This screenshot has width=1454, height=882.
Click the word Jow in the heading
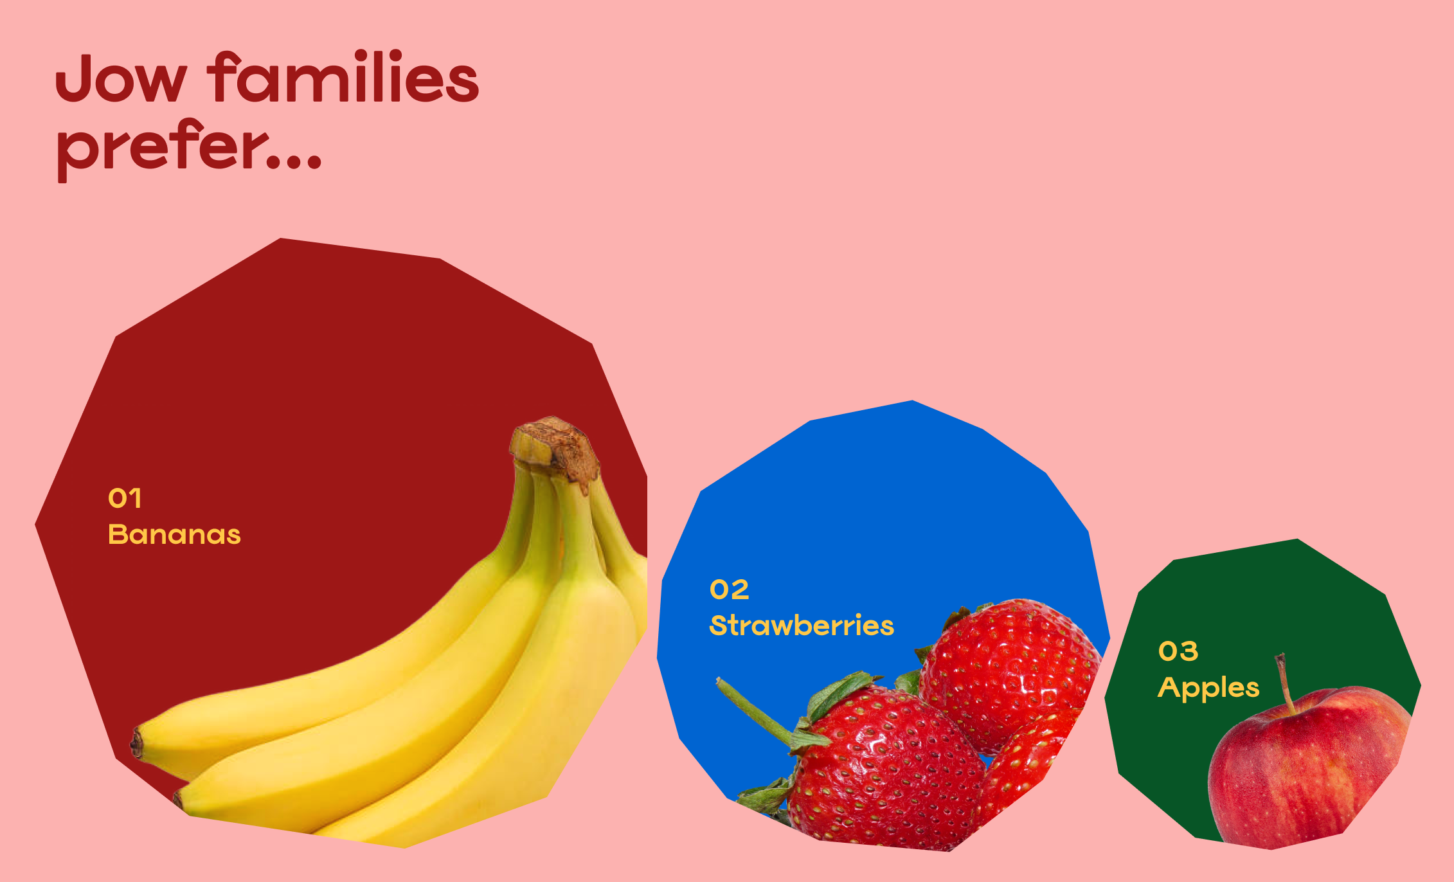[121, 78]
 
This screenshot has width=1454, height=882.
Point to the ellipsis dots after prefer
[294, 161]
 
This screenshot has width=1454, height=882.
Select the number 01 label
[125, 498]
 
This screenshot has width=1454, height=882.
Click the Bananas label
[174, 534]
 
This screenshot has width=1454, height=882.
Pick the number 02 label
[730, 589]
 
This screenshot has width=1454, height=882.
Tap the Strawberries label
[802, 625]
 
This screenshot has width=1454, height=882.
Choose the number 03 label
[1178, 651]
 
